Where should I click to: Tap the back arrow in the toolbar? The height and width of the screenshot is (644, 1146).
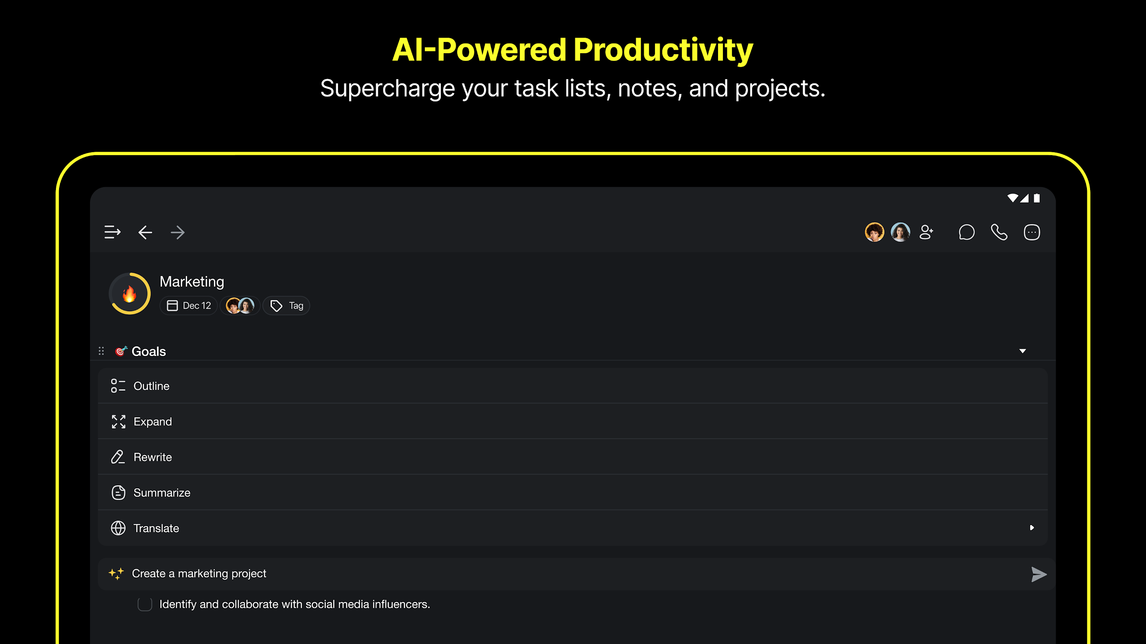click(145, 233)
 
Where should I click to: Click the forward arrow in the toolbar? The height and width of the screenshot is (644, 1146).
click(178, 233)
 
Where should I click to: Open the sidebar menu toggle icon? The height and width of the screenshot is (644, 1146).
click(112, 232)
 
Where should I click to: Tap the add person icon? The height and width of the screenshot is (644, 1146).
click(926, 232)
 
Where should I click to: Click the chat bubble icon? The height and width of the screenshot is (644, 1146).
click(966, 232)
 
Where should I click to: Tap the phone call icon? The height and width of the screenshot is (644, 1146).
click(999, 232)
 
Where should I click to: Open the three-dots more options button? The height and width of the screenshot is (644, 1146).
click(1032, 232)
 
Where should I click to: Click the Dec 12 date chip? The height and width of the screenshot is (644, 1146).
click(188, 305)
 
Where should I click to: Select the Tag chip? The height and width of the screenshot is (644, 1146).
click(286, 305)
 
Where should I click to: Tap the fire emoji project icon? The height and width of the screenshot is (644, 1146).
click(129, 294)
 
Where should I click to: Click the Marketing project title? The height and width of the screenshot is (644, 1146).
click(192, 282)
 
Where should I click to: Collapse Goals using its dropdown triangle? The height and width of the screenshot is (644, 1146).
click(1022, 351)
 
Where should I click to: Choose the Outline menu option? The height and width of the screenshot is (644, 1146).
click(151, 386)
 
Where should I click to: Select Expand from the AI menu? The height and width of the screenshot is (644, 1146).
click(153, 422)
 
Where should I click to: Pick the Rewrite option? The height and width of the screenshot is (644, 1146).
click(153, 457)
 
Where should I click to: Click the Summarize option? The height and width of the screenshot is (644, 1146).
click(162, 493)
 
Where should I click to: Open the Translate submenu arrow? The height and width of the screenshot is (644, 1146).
click(1032, 528)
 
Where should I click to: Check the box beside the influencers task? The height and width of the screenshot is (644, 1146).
click(145, 604)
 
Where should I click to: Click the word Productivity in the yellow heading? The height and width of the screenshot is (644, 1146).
click(663, 50)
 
